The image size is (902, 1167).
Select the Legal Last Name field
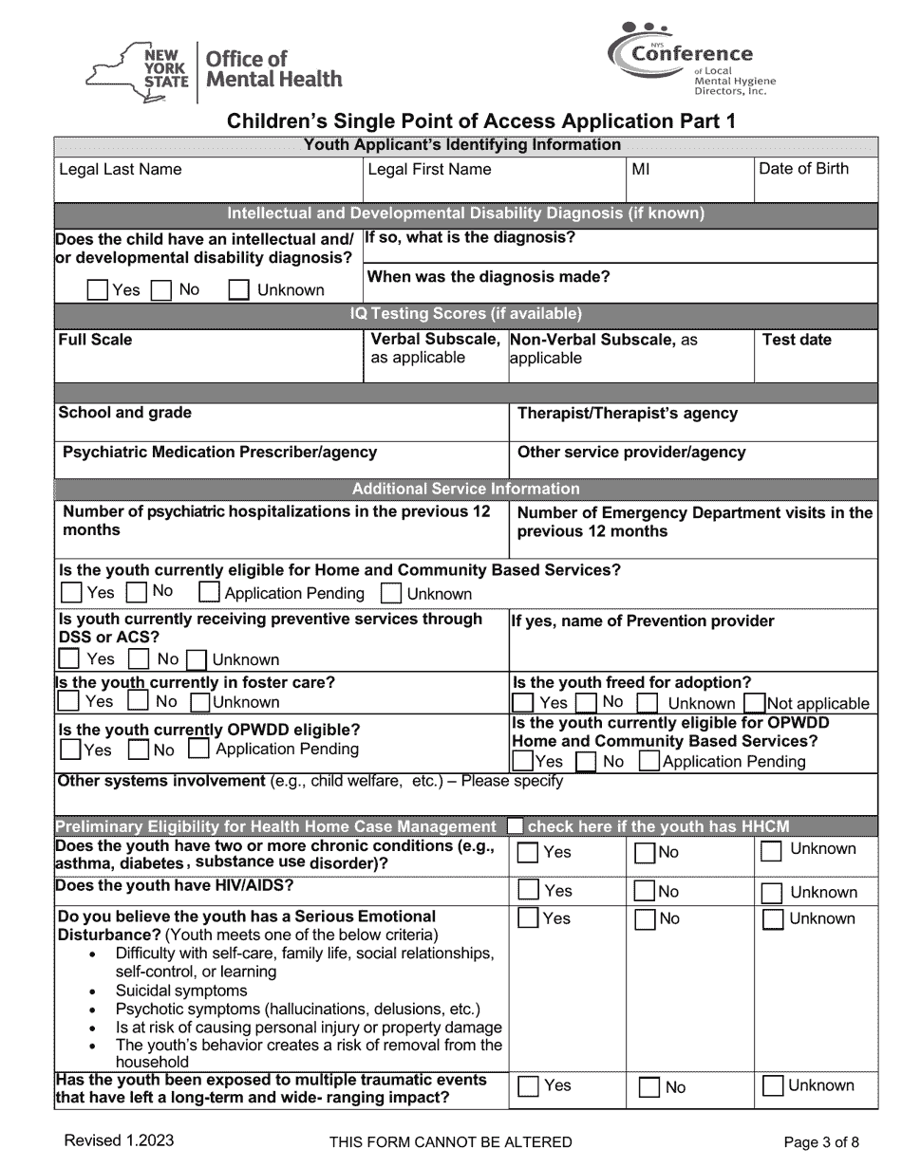click(x=209, y=180)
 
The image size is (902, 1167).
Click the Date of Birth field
click(x=815, y=180)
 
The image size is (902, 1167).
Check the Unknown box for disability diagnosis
click(x=240, y=290)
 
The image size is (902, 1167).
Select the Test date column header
click(x=797, y=340)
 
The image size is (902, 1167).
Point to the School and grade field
click(x=282, y=422)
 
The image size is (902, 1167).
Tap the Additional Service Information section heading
click(x=465, y=489)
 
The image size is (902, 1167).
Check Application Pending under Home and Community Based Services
click(x=209, y=593)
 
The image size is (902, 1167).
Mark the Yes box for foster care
click(x=68, y=701)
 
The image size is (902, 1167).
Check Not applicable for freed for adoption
click(x=755, y=703)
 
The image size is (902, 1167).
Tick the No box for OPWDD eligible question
click(x=139, y=750)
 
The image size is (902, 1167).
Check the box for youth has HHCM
click(x=515, y=826)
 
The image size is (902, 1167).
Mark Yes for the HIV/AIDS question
click(x=528, y=890)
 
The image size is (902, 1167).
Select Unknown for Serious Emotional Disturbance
click(x=773, y=918)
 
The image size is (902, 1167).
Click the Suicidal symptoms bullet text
click(x=181, y=991)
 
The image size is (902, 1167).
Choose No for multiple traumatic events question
click(x=649, y=1087)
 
